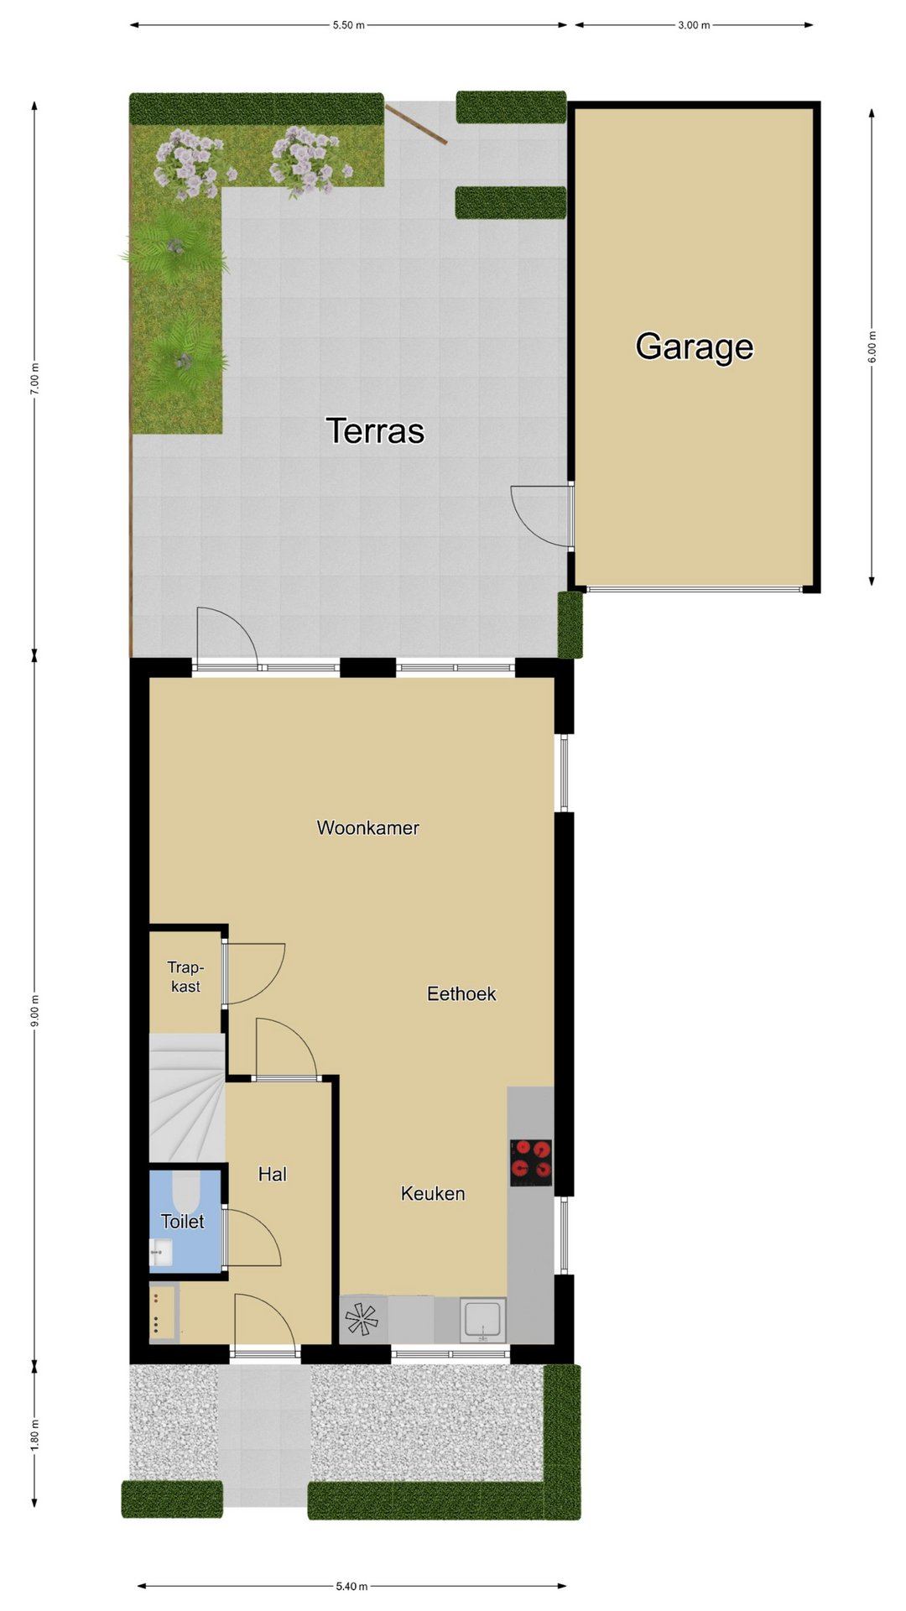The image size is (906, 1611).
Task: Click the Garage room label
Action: [694, 347]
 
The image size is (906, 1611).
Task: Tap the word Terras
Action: [375, 430]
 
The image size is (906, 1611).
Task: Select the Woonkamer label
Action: [367, 827]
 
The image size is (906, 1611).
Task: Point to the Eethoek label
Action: [461, 993]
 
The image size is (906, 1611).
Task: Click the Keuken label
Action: [433, 1193]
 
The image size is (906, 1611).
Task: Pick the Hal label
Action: [273, 1174]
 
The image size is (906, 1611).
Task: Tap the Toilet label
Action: [182, 1222]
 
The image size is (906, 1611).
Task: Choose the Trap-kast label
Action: [185, 977]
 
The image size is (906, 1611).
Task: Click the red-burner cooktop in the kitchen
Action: [531, 1162]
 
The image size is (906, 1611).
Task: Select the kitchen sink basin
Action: [483, 1320]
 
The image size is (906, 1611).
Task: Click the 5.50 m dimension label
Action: [349, 25]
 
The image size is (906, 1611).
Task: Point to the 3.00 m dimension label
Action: [694, 25]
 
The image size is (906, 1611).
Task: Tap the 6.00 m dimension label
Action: [872, 347]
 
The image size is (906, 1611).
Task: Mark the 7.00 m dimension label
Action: [34, 378]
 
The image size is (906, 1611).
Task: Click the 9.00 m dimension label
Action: [34, 1010]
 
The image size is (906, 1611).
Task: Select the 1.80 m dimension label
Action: [34, 1436]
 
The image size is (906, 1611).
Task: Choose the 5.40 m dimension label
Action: [351, 1586]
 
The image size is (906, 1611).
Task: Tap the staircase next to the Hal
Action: [187, 1097]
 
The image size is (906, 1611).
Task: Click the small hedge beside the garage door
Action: [570, 624]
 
